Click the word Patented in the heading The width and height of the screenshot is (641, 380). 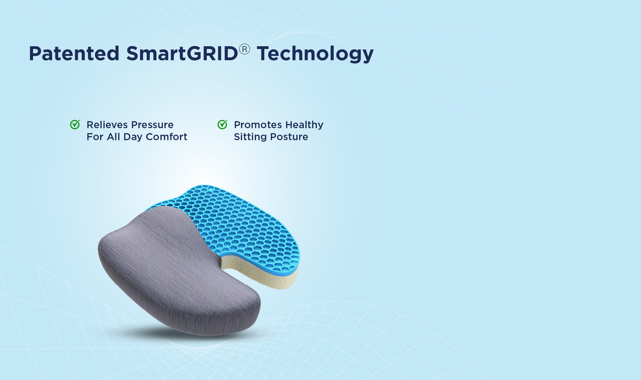[x=74, y=54]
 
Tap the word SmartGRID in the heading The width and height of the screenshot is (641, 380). [x=182, y=54]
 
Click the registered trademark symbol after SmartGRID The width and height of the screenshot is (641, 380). [x=244, y=49]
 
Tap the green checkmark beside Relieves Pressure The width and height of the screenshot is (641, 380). [x=75, y=124]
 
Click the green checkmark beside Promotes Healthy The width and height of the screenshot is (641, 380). [x=222, y=124]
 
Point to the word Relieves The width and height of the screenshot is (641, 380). [x=107, y=125]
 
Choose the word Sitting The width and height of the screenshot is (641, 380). [x=249, y=137]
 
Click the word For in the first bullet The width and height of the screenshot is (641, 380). [x=95, y=137]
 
